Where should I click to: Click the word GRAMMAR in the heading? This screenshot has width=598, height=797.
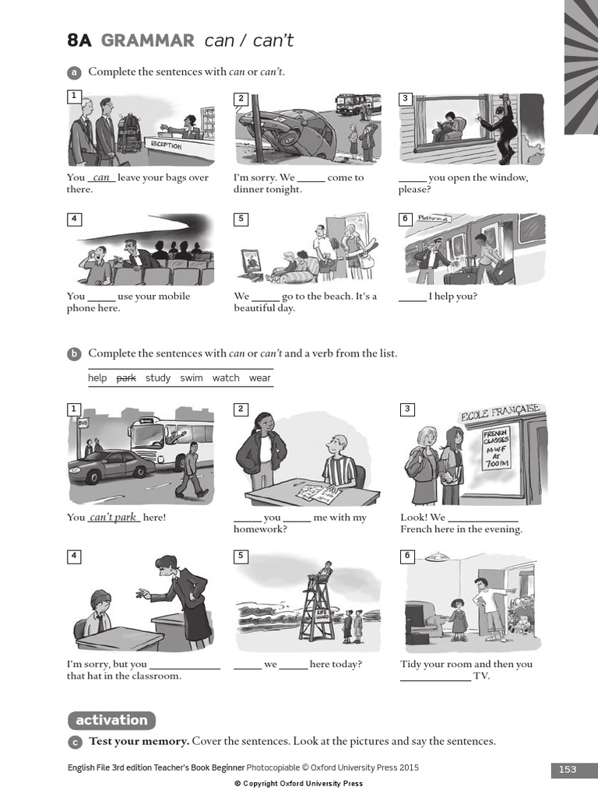(x=148, y=41)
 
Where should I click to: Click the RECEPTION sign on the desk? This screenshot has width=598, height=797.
(x=165, y=146)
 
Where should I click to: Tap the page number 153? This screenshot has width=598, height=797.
(x=568, y=769)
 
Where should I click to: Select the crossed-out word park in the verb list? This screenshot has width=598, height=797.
(x=126, y=378)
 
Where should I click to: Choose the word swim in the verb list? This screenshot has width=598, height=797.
(x=192, y=378)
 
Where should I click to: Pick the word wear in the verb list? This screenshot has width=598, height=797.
(x=260, y=378)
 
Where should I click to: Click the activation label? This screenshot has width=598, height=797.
(x=111, y=720)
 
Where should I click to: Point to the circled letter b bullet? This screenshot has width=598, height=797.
(x=75, y=354)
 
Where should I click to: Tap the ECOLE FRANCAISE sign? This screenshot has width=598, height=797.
(x=500, y=413)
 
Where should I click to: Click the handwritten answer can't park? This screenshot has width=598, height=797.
(x=114, y=518)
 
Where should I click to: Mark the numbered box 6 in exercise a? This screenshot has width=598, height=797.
(x=405, y=219)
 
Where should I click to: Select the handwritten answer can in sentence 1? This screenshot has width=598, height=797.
(x=101, y=177)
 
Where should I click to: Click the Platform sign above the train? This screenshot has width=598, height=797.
(x=434, y=219)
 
